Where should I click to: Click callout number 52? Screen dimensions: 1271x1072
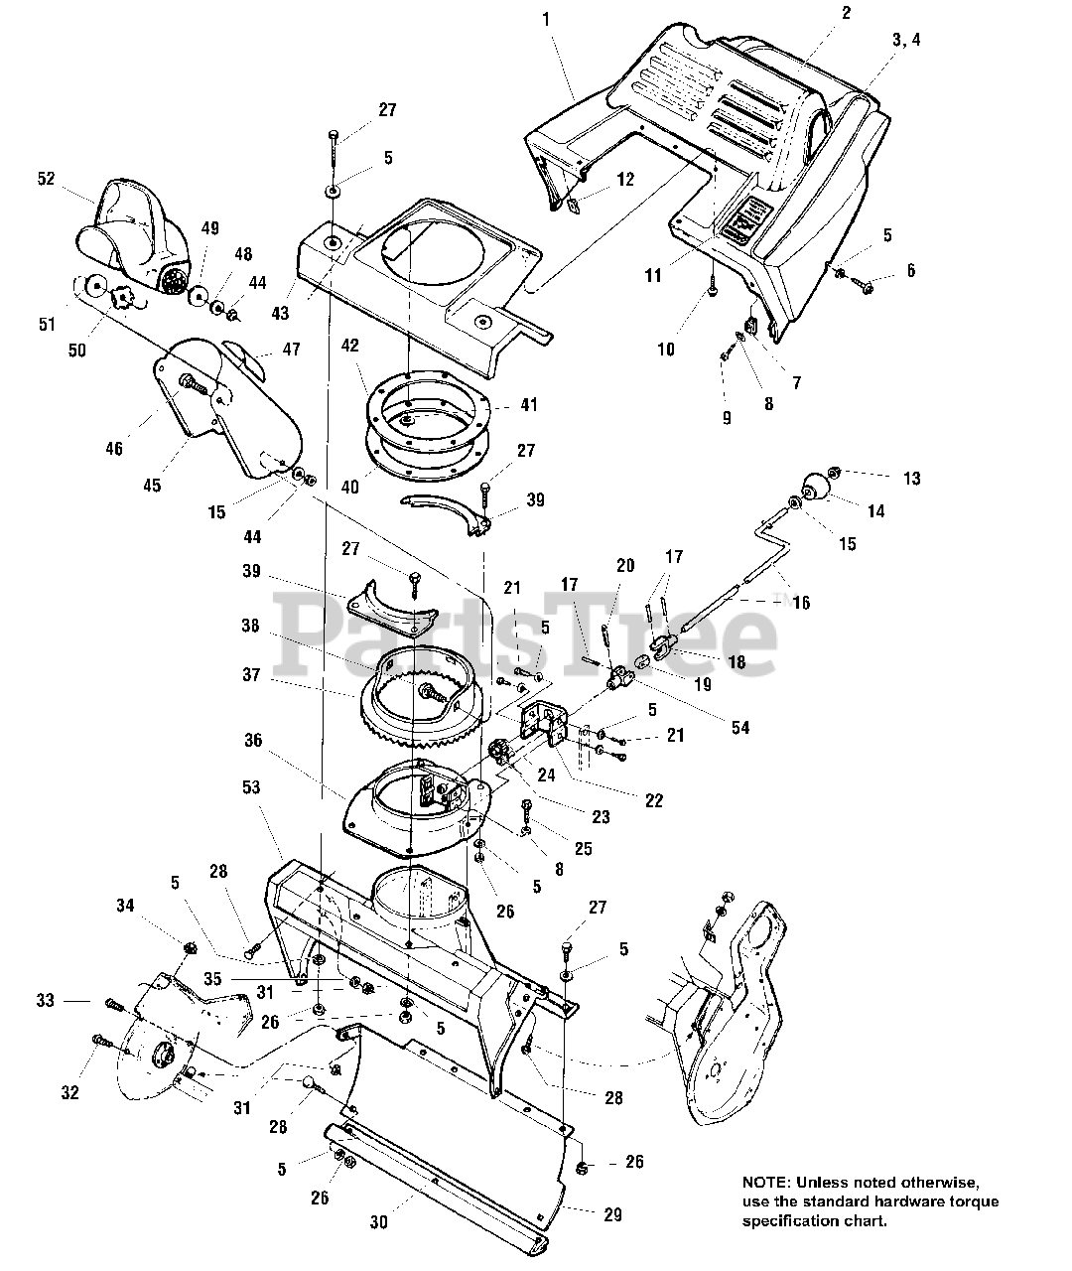point(46,178)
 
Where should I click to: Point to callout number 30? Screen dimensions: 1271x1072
point(378,1223)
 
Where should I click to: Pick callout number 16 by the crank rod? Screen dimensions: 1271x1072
point(801,603)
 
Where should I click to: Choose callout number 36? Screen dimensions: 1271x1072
point(253,740)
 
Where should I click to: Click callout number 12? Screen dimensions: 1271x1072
point(624,180)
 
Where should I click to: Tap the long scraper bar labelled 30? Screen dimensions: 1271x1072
point(437,1182)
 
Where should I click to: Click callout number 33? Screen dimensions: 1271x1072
point(46,1001)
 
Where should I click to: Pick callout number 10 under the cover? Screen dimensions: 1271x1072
point(665,349)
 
